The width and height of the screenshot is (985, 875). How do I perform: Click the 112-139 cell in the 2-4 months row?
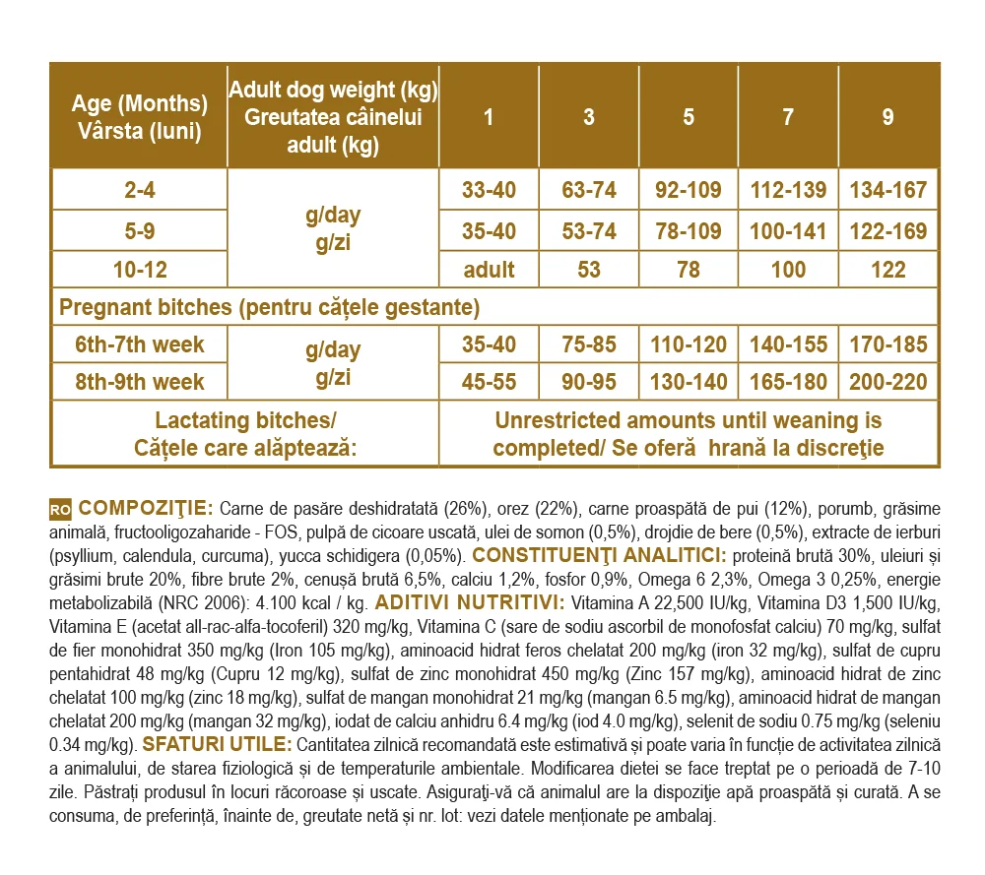tap(788, 190)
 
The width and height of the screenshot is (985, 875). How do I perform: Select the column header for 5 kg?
tap(689, 117)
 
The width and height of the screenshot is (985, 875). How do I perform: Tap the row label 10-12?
tap(139, 270)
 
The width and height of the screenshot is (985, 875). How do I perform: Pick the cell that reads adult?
tap(490, 270)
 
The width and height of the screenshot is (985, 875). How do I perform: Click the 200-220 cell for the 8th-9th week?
tap(888, 382)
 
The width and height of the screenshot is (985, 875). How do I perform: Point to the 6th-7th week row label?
tap(139, 344)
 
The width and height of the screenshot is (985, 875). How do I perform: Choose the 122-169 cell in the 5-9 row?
tap(888, 231)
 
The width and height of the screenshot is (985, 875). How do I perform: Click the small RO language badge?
tap(60, 510)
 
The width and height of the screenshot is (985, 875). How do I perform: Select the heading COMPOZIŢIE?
tap(146, 509)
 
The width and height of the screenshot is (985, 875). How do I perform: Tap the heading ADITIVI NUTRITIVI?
tap(470, 602)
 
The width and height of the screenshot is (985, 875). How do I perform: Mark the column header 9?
tap(888, 117)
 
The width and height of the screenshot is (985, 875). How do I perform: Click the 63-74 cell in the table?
tap(589, 190)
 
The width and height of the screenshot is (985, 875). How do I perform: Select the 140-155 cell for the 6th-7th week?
tap(788, 344)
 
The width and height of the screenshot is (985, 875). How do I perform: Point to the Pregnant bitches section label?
tap(269, 307)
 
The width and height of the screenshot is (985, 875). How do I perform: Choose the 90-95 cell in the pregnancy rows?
tap(589, 382)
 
